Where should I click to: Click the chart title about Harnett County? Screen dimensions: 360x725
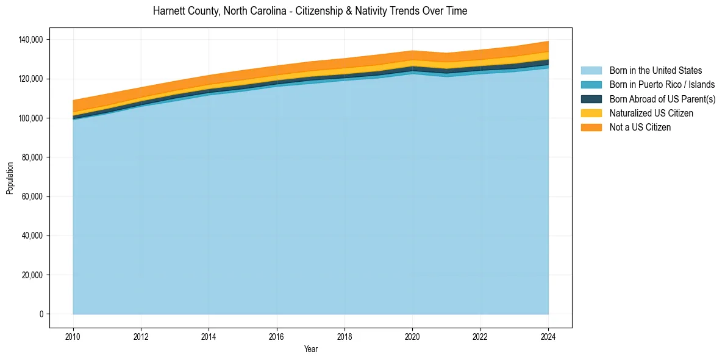310,11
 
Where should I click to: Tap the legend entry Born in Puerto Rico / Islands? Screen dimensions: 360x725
662,85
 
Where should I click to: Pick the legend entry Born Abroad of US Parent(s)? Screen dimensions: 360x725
662,99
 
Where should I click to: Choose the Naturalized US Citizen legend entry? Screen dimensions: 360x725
651,113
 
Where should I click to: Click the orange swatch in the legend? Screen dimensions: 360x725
591,127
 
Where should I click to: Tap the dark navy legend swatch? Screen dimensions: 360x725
591,99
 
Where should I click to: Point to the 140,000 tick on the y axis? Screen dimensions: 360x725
31,40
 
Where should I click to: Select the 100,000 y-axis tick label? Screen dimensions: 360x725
31,118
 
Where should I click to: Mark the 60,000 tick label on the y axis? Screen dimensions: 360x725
33,196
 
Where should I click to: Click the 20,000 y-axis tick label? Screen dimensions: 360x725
33,275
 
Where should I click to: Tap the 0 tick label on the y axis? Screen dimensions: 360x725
41,314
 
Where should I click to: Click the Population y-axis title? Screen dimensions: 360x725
10,178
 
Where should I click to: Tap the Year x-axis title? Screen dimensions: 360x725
310,350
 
